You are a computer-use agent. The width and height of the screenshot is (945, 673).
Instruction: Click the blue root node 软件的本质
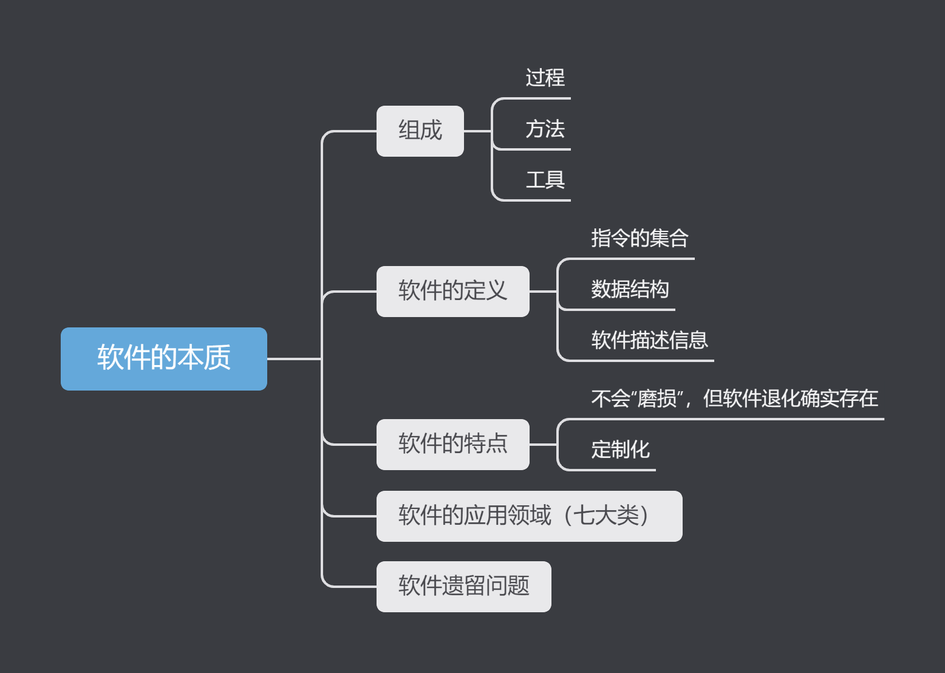click(164, 358)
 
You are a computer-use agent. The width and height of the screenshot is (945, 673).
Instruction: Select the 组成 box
click(420, 131)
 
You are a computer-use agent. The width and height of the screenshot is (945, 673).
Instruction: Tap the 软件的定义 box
click(452, 291)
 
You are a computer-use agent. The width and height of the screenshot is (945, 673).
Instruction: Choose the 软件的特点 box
click(452, 444)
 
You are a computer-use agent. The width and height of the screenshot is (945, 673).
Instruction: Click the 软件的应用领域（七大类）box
click(528, 516)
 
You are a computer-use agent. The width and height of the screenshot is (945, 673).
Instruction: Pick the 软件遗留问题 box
click(463, 586)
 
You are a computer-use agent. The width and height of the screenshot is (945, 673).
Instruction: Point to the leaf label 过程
click(545, 78)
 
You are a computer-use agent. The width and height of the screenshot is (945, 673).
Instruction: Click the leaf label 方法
click(545, 129)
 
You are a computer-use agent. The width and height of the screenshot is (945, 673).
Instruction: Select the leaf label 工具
click(545, 180)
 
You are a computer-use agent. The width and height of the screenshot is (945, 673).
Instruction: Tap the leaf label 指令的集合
click(639, 238)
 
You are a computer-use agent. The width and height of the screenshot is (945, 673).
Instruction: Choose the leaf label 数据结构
click(630, 289)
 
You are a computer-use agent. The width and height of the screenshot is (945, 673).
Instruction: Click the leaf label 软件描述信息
click(649, 340)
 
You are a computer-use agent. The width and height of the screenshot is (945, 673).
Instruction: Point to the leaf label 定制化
click(620, 449)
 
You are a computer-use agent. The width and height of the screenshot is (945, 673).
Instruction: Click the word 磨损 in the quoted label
click(657, 398)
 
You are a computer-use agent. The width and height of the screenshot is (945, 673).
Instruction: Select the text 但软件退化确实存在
click(790, 398)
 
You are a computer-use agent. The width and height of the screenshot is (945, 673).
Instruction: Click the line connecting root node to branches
click(294, 359)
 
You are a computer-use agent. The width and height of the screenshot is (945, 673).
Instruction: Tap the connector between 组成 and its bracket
click(477, 131)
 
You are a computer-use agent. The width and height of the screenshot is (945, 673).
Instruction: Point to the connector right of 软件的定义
click(543, 292)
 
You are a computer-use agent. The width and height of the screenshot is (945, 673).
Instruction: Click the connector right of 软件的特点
click(543, 445)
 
